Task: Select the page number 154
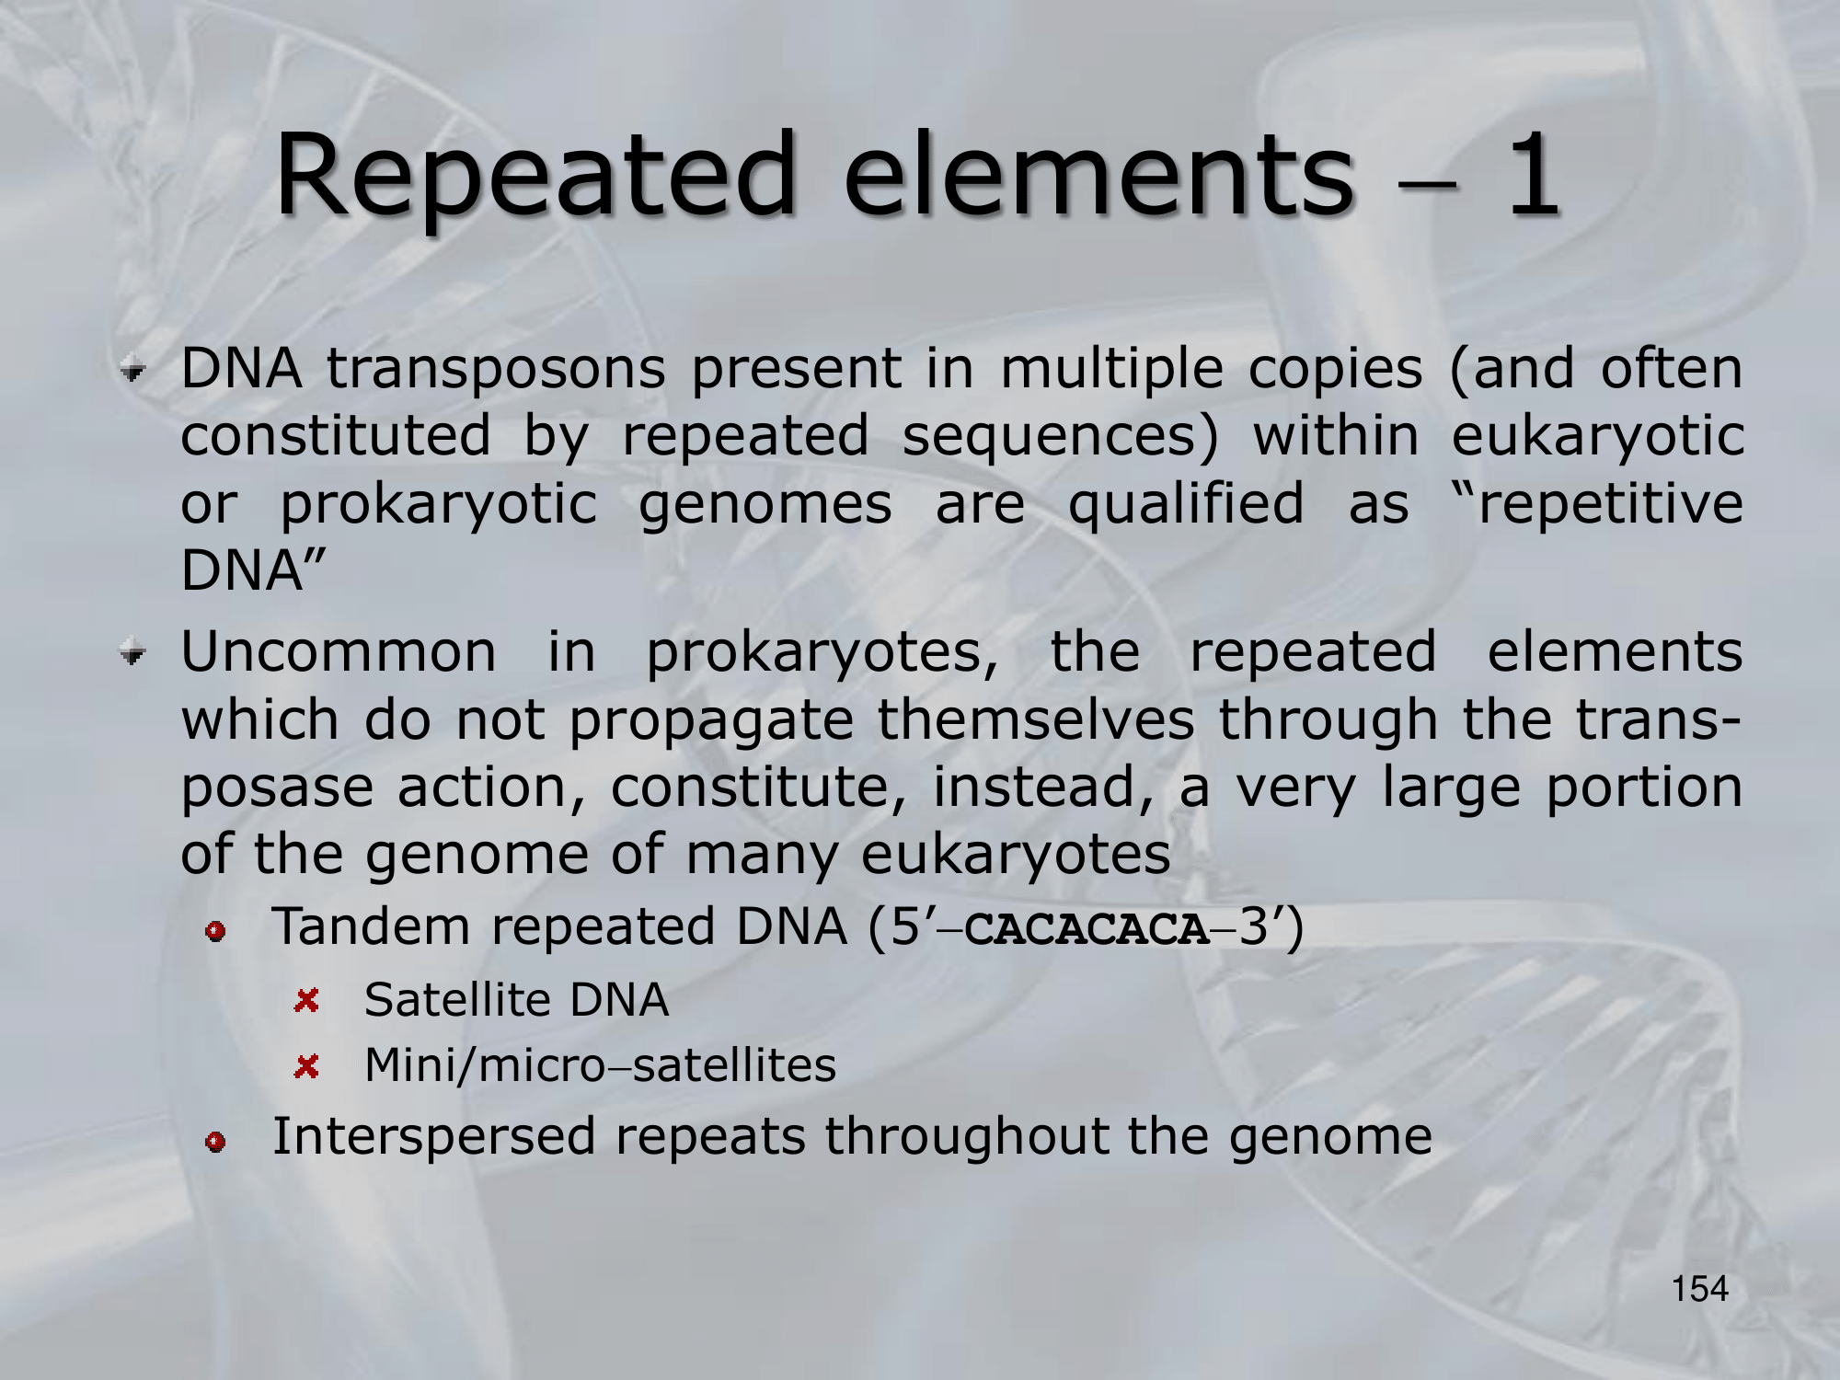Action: click(1700, 1289)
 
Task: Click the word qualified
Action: click(1186, 504)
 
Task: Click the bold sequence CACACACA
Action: click(1087, 929)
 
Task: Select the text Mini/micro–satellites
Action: click(601, 1065)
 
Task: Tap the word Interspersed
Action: click(434, 1137)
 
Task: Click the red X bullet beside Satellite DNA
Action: click(306, 1001)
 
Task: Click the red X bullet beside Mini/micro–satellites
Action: click(306, 1067)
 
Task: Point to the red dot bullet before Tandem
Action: click(216, 932)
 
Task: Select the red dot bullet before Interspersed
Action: click(216, 1142)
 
